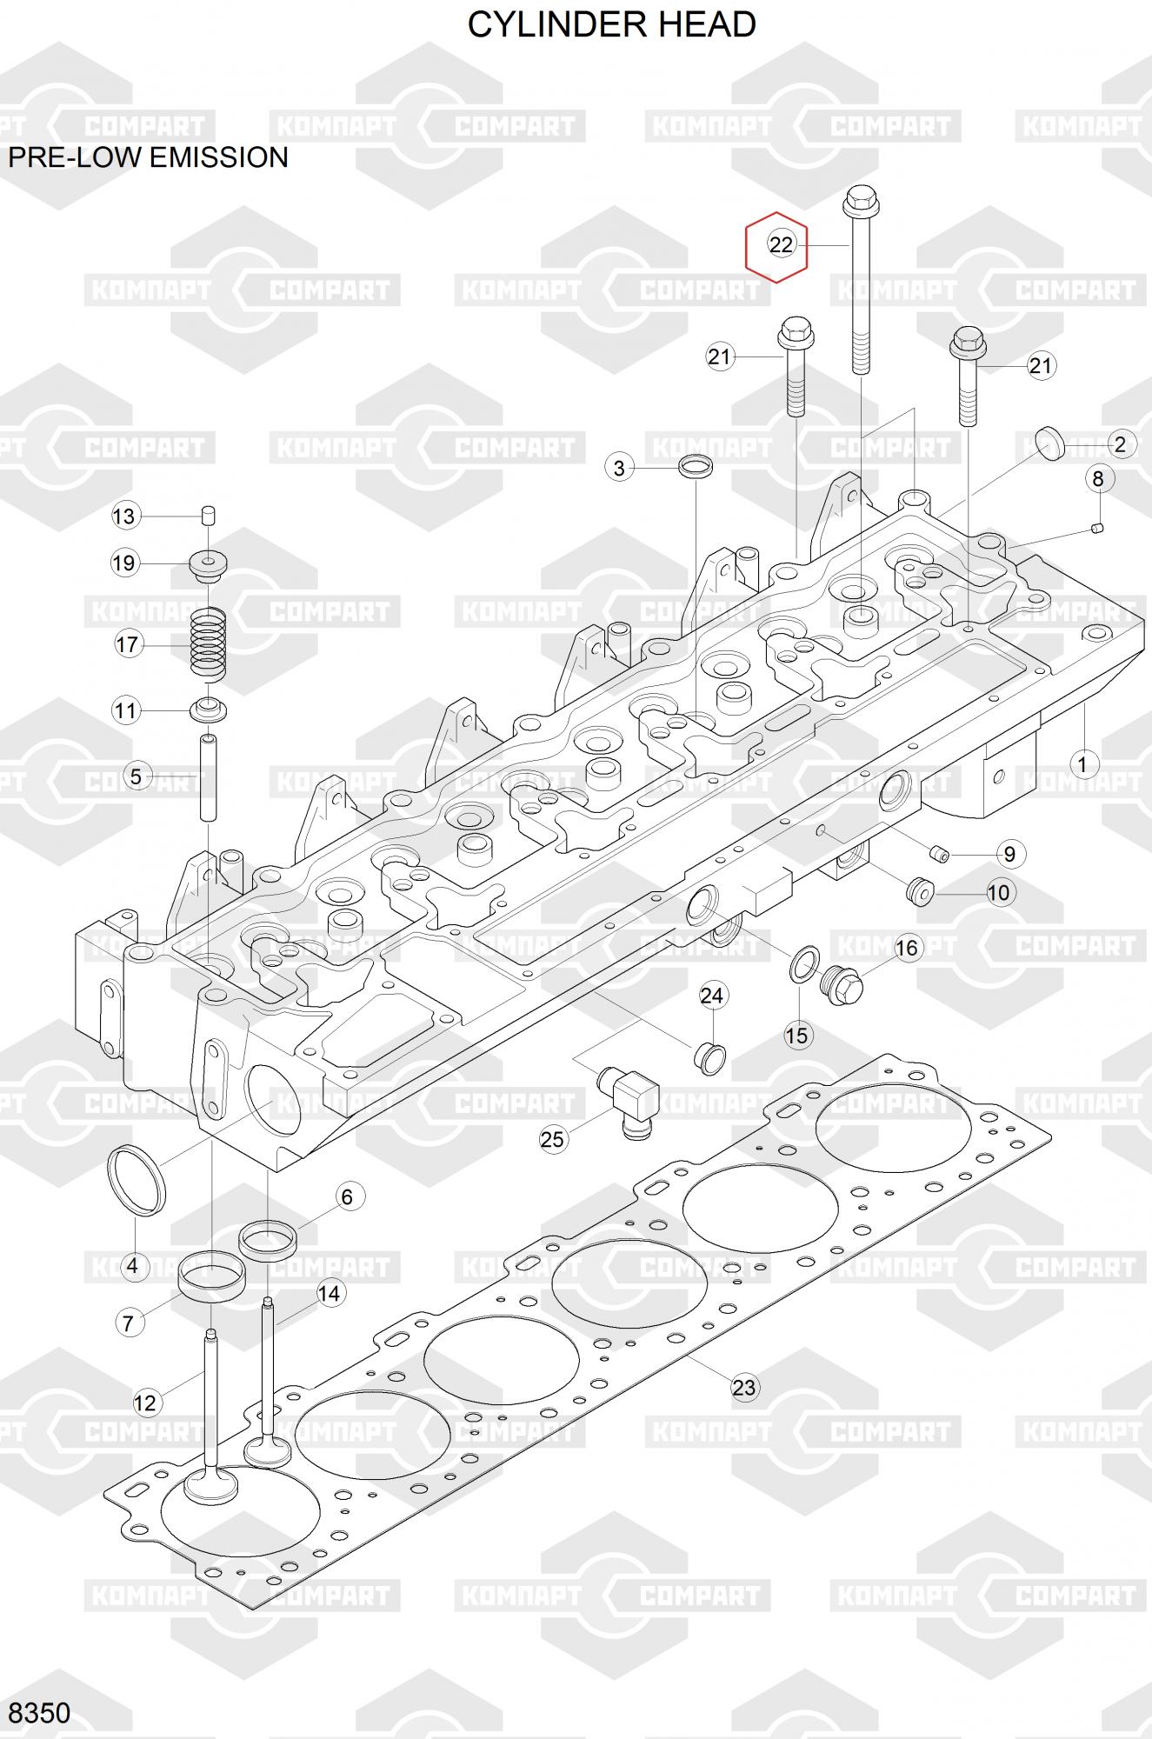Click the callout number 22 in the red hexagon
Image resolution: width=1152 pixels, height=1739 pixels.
click(x=781, y=245)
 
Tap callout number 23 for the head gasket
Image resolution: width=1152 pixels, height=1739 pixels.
click(x=744, y=1387)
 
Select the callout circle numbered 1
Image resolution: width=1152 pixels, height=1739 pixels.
click(x=1082, y=765)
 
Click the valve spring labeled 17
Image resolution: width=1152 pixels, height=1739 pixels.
click(x=209, y=644)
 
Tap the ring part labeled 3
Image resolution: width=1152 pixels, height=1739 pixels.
click(x=696, y=467)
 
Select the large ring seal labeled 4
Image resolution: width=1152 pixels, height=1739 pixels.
click(x=137, y=1181)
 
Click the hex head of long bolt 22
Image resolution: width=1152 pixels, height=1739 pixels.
click(x=861, y=201)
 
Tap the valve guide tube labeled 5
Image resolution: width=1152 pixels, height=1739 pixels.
click(x=209, y=777)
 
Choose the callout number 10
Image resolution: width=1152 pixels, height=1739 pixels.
click(x=998, y=892)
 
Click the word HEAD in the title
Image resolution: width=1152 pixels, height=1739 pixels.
click(x=706, y=25)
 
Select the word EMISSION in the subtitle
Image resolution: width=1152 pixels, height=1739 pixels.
click(x=220, y=157)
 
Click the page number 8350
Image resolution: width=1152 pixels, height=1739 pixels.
click(x=39, y=1712)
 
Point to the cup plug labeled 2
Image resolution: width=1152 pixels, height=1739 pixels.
click(x=1049, y=443)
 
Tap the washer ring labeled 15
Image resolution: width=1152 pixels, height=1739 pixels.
click(x=804, y=965)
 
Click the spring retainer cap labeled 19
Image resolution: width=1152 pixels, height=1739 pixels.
click(x=209, y=565)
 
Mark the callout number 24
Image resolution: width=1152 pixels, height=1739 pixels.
click(x=712, y=996)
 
